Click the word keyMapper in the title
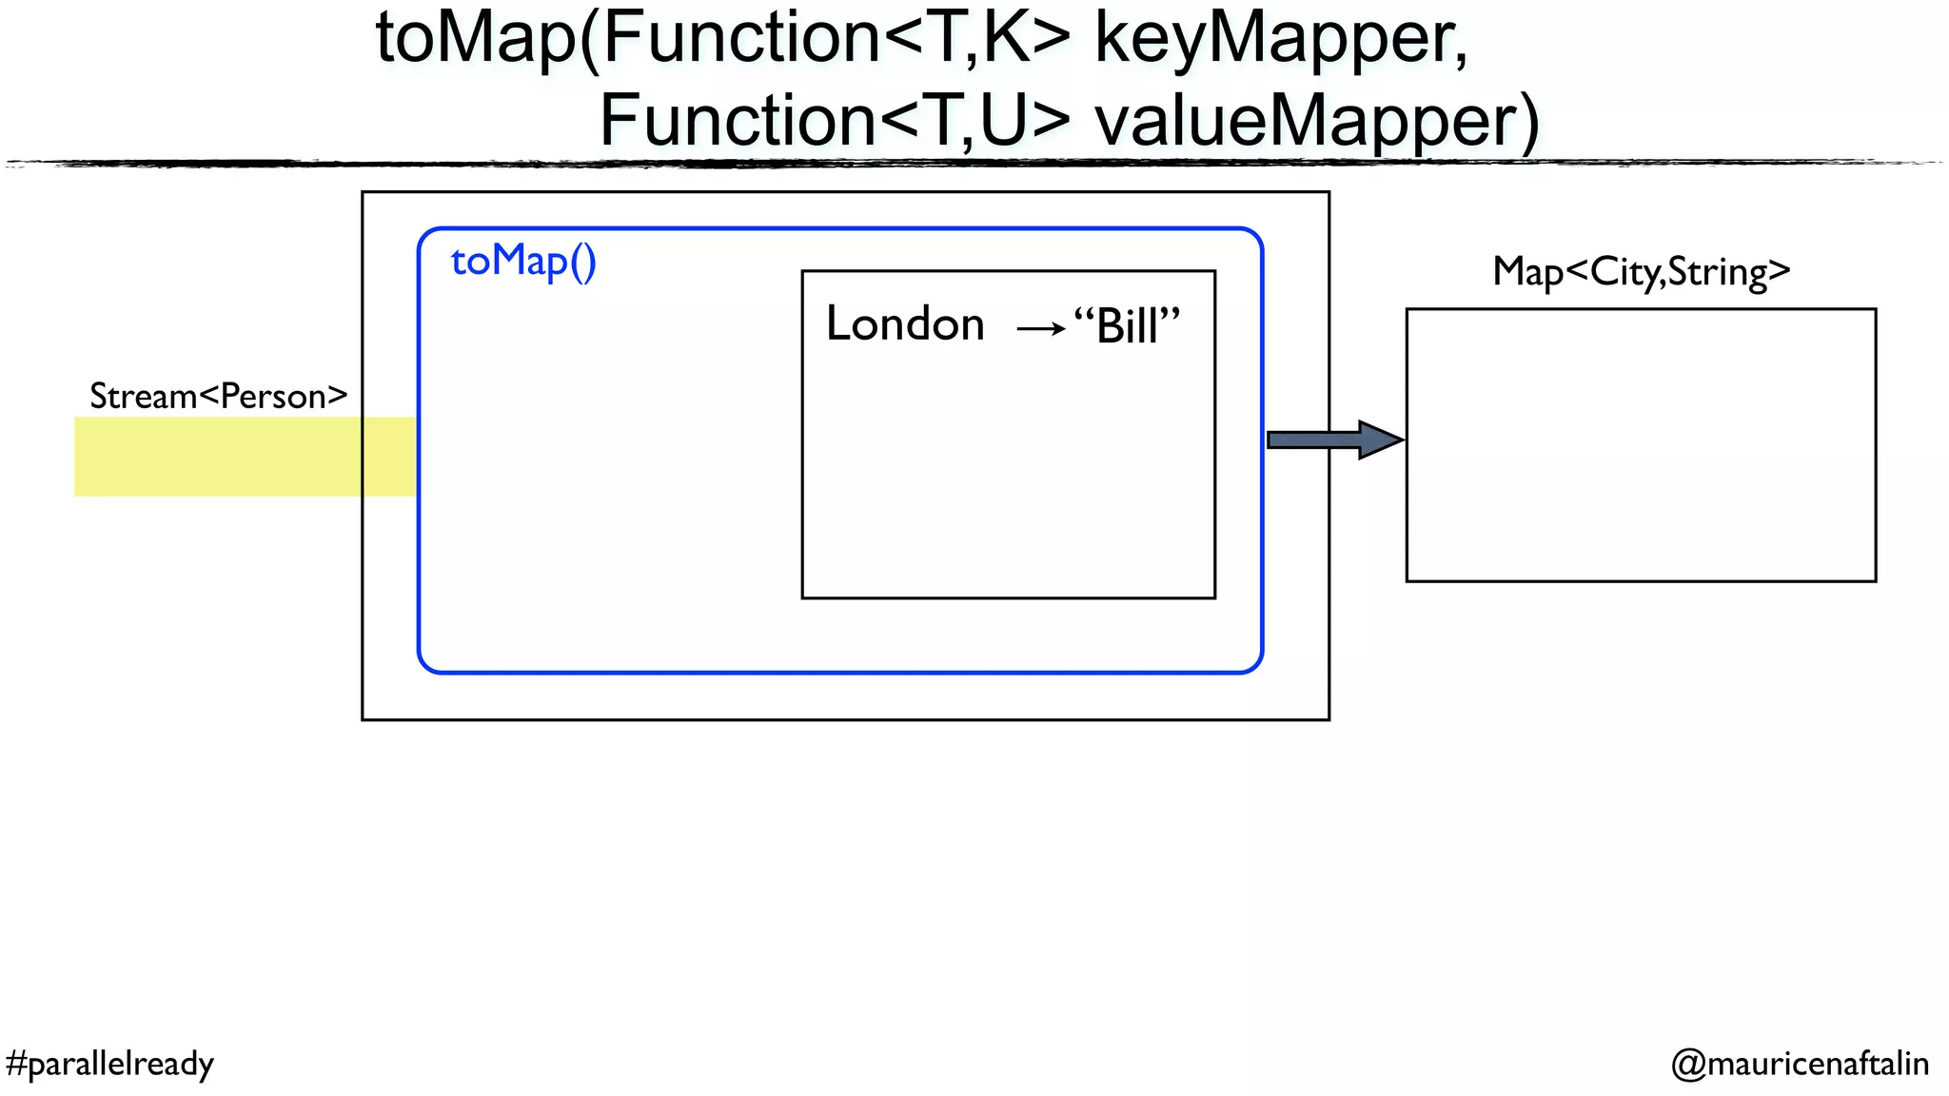pos(1281,40)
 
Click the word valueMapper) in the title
pos(1316,122)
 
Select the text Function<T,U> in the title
pos(835,121)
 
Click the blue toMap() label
pos(523,261)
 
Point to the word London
pos(905,324)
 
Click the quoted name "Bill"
pos(1128,326)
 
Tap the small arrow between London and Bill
pos(1040,329)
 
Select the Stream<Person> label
pos(218,396)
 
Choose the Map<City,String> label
pos(1641,272)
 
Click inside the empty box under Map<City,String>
pos(1641,444)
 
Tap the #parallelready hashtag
pos(109,1063)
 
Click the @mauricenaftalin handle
pos(1800,1063)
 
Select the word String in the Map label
pos(1717,272)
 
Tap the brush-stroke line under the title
pos(974,164)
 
